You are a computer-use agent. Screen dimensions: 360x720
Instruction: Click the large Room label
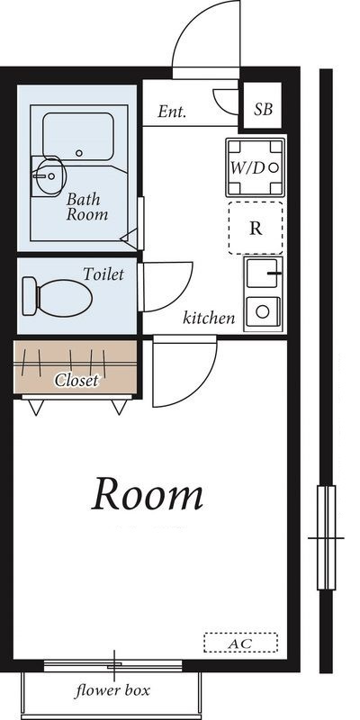coord(147,494)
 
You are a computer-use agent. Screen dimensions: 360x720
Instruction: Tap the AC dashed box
coord(240,643)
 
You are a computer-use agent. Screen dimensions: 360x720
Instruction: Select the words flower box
coord(112,690)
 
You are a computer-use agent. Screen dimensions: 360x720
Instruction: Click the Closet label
coord(76,380)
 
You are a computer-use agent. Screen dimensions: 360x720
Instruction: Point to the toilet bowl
coord(65,298)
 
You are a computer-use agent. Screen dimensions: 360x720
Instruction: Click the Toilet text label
coord(103,274)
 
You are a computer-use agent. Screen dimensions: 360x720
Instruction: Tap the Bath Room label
coord(87,207)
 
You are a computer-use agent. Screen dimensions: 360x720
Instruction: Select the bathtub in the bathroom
coord(78,137)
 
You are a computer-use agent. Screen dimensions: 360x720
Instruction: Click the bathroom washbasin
coord(48,176)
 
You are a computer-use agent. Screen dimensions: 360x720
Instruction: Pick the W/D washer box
coord(255,167)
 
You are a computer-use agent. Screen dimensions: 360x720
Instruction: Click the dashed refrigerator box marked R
coord(256,229)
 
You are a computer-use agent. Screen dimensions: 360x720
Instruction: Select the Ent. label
coord(172,111)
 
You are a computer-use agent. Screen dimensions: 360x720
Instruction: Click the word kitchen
coord(209,318)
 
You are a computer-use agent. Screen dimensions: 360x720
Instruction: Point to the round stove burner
coord(263,311)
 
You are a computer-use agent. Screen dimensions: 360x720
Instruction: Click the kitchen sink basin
coord(262,274)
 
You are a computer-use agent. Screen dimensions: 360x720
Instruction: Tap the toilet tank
coord(29,296)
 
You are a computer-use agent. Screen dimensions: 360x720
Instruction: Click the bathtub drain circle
coord(79,153)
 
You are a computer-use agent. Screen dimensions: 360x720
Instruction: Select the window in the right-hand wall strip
coord(327,537)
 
